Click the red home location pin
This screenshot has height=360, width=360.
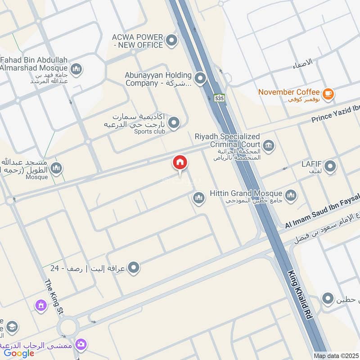180,163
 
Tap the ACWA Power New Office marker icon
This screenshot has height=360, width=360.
171,41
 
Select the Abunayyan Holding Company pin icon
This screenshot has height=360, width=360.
200,80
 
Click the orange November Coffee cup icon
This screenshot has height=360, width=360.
328,93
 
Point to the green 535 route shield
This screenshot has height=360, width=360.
219,98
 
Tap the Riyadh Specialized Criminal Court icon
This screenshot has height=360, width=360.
269,145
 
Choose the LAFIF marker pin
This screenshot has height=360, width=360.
330,167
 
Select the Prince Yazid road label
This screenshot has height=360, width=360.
336,118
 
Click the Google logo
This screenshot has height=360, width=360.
19,353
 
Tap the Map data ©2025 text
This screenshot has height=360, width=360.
335,355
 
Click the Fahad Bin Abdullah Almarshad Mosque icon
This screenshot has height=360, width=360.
76,69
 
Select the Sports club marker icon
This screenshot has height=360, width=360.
173,122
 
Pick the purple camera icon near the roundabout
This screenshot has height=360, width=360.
81,344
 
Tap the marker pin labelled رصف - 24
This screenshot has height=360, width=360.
133,269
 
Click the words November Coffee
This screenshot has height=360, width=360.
289,92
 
